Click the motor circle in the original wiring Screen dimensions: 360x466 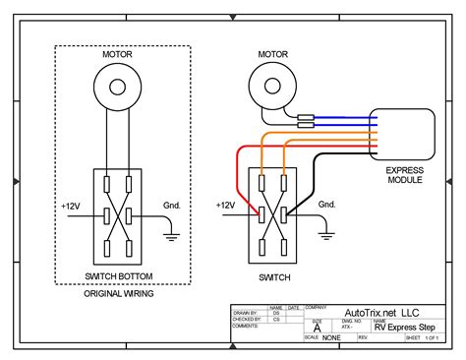click(117, 88)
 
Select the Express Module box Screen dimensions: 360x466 click(399, 137)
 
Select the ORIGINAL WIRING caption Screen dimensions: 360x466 click(117, 293)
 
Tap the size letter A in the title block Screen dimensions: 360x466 click(317, 328)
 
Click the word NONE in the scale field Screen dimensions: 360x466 click(332, 338)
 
